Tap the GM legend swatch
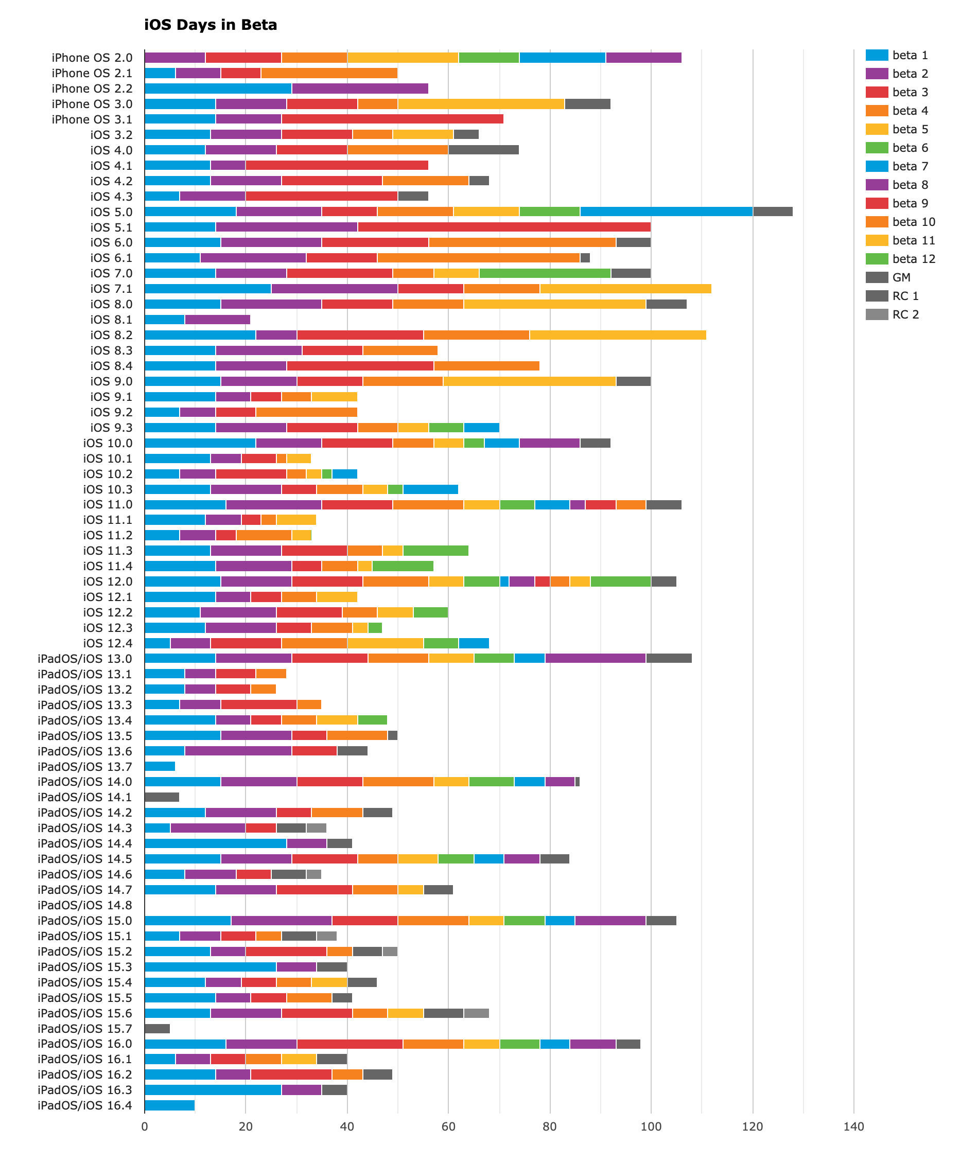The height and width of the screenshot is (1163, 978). pyautogui.click(x=877, y=277)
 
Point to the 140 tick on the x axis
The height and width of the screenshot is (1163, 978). pyautogui.click(x=853, y=1126)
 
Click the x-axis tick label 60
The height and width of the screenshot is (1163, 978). pyautogui.click(x=448, y=1126)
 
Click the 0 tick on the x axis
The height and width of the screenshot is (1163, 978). pyautogui.click(x=145, y=1126)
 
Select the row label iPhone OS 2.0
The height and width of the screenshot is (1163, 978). pyautogui.click(x=92, y=58)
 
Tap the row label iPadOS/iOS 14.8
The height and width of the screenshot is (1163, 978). pyautogui.click(x=85, y=905)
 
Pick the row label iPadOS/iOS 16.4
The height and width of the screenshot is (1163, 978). pyautogui.click(x=85, y=1105)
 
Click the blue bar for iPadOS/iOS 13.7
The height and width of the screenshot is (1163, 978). pyautogui.click(x=160, y=767)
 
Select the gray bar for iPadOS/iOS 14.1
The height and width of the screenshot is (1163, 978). pyautogui.click(x=162, y=797)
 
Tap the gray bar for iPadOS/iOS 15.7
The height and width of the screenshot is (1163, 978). pyautogui.click(x=157, y=1028)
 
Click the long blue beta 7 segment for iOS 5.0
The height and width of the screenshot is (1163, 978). pyautogui.click(x=666, y=212)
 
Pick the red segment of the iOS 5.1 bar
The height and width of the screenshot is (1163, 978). pyautogui.click(x=504, y=227)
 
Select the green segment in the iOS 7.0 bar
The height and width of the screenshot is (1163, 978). pyautogui.click(x=545, y=273)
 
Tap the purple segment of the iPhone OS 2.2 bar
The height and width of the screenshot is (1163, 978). pyautogui.click(x=360, y=89)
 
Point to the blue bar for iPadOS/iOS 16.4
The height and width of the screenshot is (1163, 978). pyautogui.click(x=170, y=1105)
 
